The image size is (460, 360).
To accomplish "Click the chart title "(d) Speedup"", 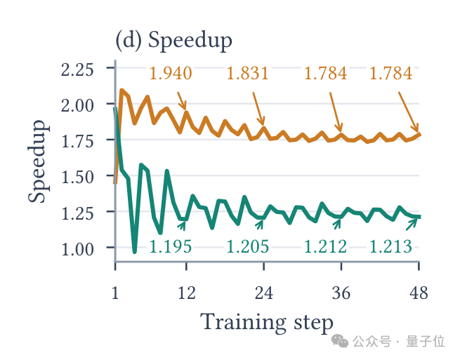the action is point(173,41).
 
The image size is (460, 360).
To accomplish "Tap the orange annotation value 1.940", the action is point(171,73).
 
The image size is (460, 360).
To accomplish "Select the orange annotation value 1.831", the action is point(248,73).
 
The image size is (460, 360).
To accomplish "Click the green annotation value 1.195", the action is point(171,246).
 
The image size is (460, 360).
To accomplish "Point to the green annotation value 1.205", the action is point(248,246).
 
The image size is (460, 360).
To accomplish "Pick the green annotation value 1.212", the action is point(325,246).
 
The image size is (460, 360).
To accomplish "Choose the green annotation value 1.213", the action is point(390,246).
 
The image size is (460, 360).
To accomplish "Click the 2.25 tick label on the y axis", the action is point(77,69).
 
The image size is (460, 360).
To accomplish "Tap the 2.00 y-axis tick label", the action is point(77,105).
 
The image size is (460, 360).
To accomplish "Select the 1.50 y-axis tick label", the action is point(77,178).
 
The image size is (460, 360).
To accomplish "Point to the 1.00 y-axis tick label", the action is point(77,249).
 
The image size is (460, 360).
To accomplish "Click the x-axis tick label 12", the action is point(187,293).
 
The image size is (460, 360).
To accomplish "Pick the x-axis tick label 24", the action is point(264,293).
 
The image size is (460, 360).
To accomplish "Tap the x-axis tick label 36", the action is point(341,293).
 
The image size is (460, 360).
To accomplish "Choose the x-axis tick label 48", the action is point(419,293).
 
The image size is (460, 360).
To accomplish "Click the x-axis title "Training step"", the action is point(267,323).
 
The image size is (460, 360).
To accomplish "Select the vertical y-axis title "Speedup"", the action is point(38,161).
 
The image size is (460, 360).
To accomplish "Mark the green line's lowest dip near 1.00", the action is point(135,251).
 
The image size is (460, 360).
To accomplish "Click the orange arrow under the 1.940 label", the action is point(182,101).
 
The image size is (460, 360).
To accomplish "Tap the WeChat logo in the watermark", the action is point(340,341).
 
